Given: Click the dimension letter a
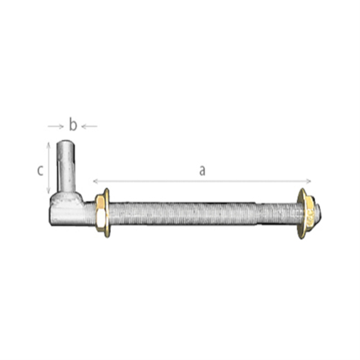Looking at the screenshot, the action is coord(202,171).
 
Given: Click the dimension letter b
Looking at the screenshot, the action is coord(73,124).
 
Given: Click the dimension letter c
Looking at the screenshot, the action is coord(40,171).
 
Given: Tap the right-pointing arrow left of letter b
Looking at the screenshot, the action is coord(56,127).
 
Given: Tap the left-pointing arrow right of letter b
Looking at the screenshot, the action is coord(89,127).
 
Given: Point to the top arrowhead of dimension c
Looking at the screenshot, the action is coord(48,144).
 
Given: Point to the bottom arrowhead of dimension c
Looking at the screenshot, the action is coord(48,191).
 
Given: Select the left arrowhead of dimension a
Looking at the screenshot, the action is coord(96,181).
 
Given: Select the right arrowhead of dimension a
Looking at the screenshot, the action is coord(308,181).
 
